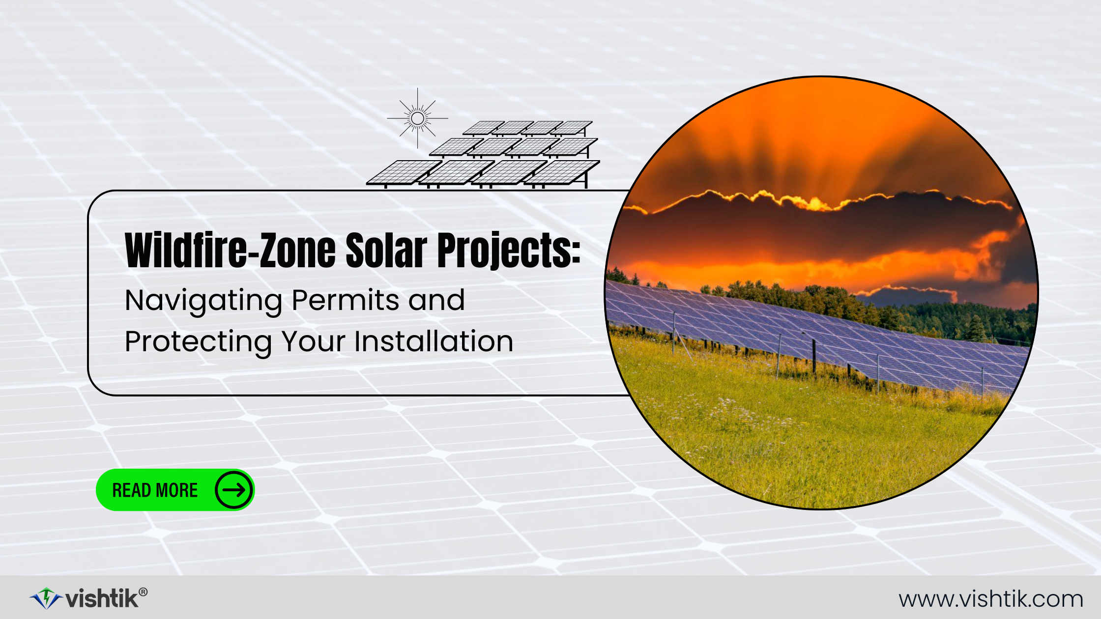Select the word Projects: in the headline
(509, 251)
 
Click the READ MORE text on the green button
(155, 490)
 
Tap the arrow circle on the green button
(233, 490)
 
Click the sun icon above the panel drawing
(417, 118)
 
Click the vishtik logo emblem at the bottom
(46, 598)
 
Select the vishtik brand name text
(102, 599)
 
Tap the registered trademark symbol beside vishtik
(143, 592)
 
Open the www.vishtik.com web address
(991, 599)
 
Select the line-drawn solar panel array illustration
(483, 154)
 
